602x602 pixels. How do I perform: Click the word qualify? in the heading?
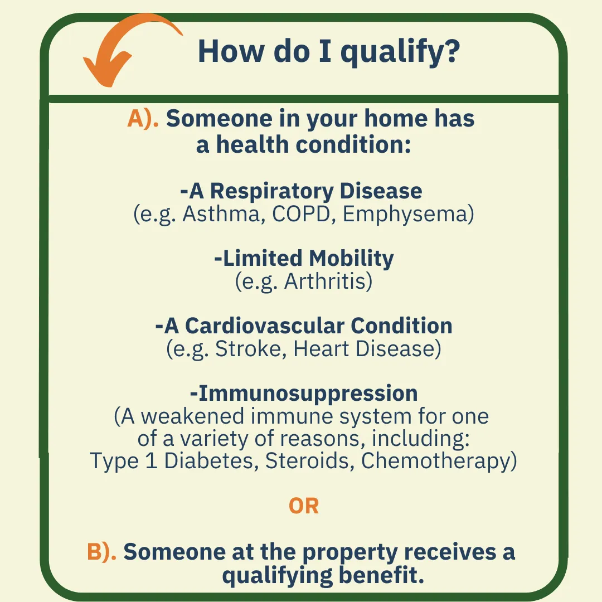[x=400, y=52]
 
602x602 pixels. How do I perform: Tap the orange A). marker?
[x=143, y=119]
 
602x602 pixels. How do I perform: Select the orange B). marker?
[x=102, y=552]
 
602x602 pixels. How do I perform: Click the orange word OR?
[x=304, y=506]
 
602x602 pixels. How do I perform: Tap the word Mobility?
[x=351, y=259]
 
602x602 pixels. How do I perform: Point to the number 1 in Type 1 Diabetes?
[x=152, y=461]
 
